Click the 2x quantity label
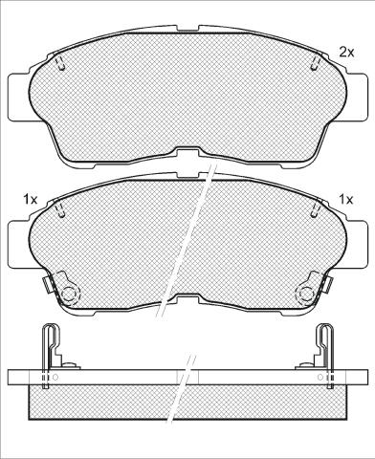click(346, 52)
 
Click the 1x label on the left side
click(31, 200)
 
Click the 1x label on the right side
click(346, 200)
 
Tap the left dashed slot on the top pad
click(60, 64)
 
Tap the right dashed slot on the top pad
click(315, 64)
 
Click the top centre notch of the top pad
click(187, 29)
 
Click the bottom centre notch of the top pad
click(187, 152)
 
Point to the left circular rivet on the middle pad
click(69, 293)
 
